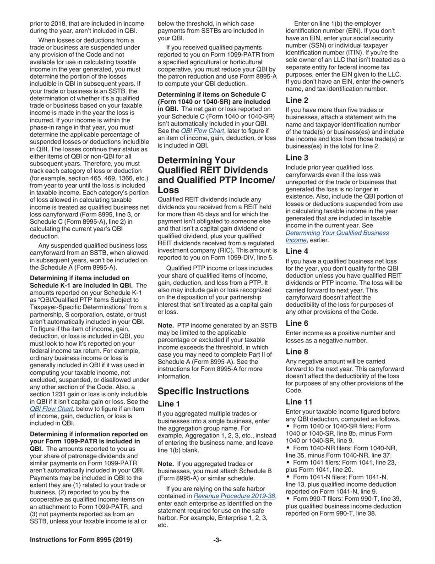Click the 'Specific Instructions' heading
[203, 391]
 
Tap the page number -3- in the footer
[217, 540]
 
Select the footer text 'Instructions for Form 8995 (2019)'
[81, 540]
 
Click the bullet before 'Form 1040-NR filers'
[288, 448]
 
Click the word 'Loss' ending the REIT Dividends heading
[169, 189]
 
